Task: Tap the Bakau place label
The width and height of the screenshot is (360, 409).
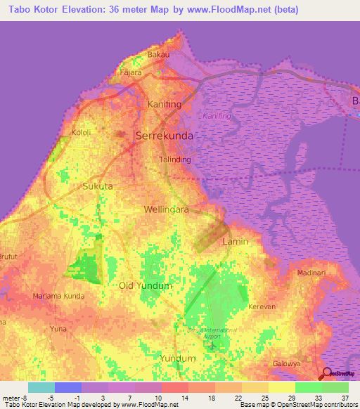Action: pos(159,54)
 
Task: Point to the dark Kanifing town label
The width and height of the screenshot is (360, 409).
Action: pos(165,104)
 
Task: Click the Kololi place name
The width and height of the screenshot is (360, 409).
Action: pos(83,132)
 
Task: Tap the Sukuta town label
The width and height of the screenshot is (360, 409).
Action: pos(98,186)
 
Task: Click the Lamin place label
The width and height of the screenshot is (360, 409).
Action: pos(235,241)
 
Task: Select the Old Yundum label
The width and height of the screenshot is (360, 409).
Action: pos(145,286)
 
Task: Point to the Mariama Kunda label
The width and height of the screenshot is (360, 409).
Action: pos(59,297)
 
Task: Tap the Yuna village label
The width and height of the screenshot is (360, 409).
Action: pos(58,327)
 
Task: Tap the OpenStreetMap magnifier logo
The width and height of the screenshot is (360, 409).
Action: pos(328,375)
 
